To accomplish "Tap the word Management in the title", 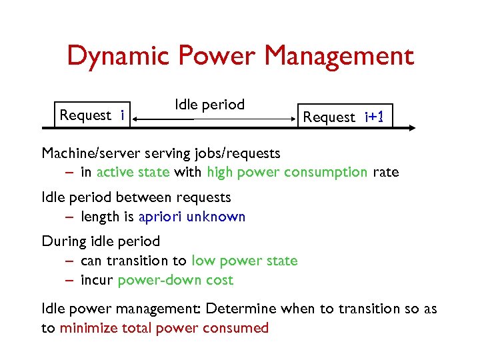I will click(x=339, y=56).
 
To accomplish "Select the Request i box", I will click(x=92, y=115).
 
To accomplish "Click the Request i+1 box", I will click(x=344, y=117).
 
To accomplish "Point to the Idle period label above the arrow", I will click(x=209, y=105).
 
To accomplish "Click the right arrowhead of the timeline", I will click(x=412, y=126).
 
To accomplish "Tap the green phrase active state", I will click(x=133, y=172).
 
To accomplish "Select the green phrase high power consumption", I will click(x=287, y=172).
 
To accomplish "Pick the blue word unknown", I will click(x=216, y=217).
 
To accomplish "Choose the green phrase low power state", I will click(x=244, y=261).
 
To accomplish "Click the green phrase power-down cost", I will click(x=175, y=280).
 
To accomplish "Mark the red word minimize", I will click(x=91, y=327).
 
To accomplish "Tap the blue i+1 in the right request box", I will click(x=374, y=117).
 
